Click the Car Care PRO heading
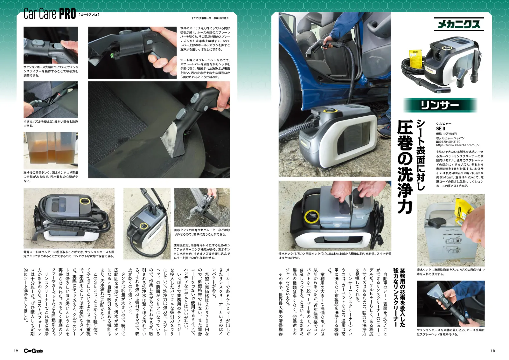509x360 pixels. click(50, 14)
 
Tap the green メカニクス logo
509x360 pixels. click(459, 24)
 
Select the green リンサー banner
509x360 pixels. click(440, 105)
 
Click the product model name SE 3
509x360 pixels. click(440, 128)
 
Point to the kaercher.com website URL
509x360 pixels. click(458, 145)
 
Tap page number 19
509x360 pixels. click(16, 351)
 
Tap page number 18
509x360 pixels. click(492, 351)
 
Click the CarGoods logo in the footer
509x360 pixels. click(33, 351)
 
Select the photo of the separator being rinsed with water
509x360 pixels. click(202, 207)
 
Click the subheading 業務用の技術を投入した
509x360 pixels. click(402, 298)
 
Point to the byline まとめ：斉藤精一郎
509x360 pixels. click(201, 18)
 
